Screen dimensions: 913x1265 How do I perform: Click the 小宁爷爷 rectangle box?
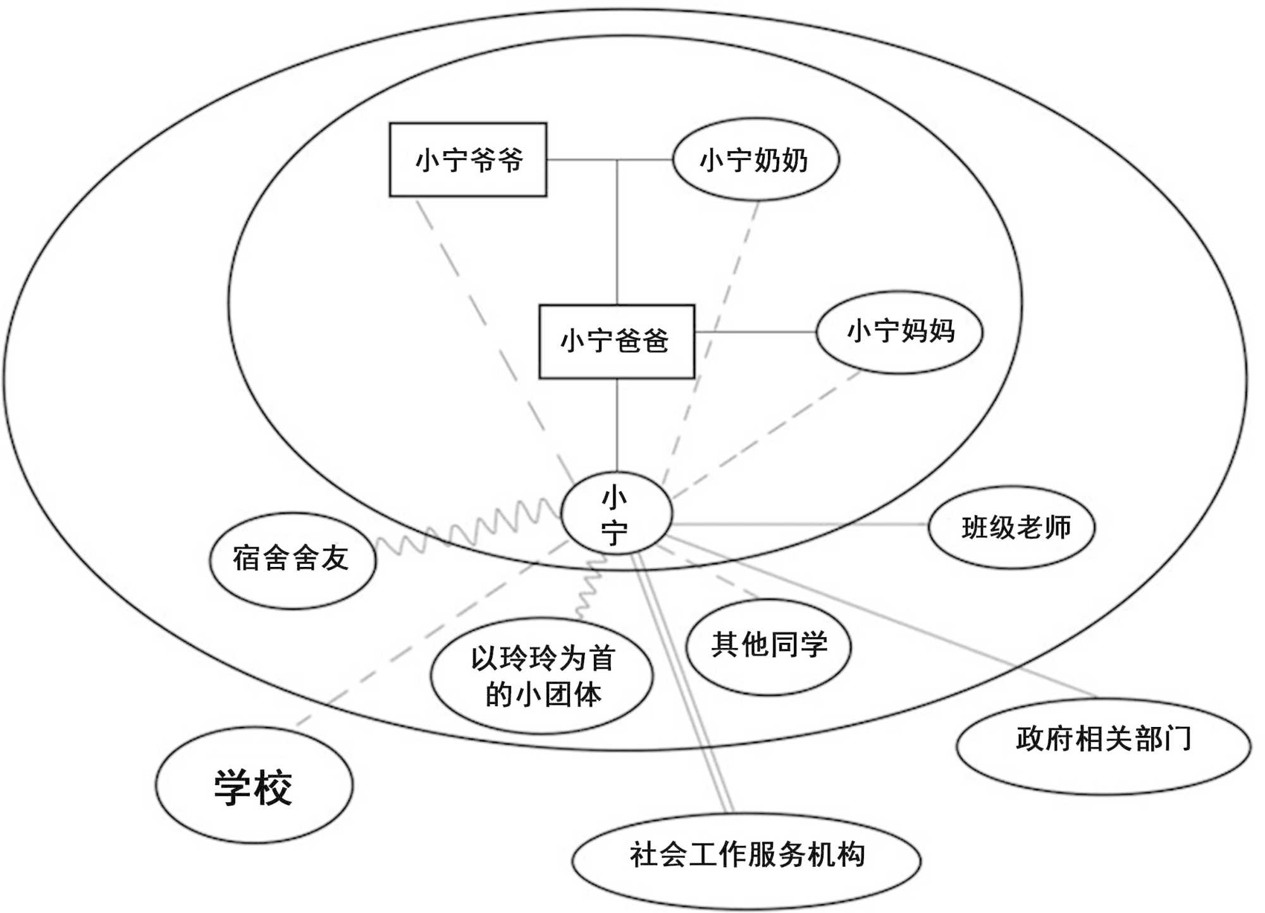tap(467, 159)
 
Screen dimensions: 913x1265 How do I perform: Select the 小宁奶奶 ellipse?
tap(755, 159)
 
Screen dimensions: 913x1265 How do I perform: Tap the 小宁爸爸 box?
tap(616, 342)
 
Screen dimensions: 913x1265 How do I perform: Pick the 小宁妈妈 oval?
tap(899, 332)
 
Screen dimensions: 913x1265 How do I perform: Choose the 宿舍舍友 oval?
tap(292, 560)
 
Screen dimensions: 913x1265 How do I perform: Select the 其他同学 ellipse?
tap(768, 646)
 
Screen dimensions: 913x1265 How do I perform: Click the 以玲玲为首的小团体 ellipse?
tap(541, 676)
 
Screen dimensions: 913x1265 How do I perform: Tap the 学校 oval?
tap(254, 785)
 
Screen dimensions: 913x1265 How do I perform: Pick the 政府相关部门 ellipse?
tap(1103, 745)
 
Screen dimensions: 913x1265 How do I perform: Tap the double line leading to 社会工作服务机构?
tap(683, 683)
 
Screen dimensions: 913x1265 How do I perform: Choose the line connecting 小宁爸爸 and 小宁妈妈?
tap(755, 332)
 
